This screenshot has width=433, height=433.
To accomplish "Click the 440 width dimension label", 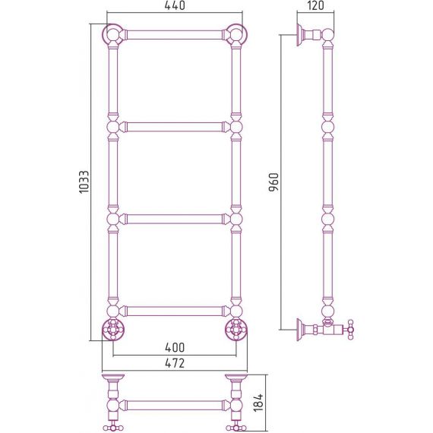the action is tap(175, 5).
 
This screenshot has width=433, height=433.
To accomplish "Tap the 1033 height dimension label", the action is tap(84, 182).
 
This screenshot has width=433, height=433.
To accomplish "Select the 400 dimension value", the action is tap(175, 347).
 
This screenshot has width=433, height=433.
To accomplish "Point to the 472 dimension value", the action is tap(175, 363).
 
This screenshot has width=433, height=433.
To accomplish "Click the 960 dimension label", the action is tap(274, 182).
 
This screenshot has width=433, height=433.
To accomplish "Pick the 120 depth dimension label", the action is tap(315, 5).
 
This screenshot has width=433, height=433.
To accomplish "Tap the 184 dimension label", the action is tap(258, 403).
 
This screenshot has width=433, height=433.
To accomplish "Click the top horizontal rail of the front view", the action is tap(175, 35).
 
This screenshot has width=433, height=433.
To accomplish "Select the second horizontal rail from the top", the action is tap(175, 127).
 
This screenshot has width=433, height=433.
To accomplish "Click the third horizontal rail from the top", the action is tap(175, 220).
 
